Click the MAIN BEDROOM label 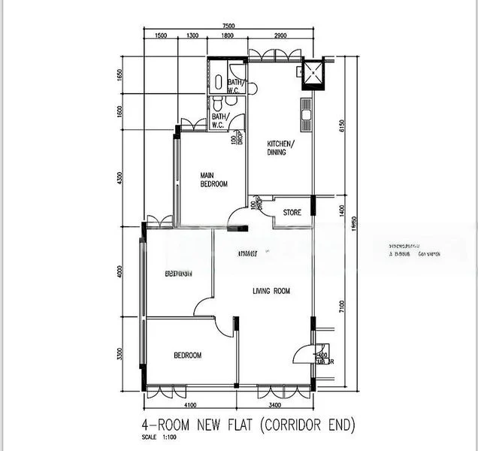[x=213, y=180]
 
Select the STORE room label [x=292, y=213]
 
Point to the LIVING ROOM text [x=271, y=291]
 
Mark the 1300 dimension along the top [x=192, y=36]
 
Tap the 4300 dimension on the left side [x=120, y=180]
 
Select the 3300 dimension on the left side [x=120, y=353]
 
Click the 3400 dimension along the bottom [x=275, y=404]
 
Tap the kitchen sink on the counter [x=307, y=117]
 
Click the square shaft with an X [x=310, y=73]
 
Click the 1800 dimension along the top [x=228, y=36]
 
